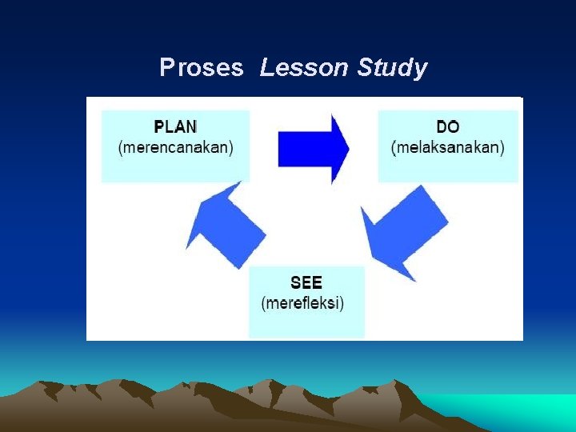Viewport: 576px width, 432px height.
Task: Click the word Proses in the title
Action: [202, 69]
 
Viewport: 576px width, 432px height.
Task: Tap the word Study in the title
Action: [392, 69]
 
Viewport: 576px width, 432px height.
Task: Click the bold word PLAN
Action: [175, 127]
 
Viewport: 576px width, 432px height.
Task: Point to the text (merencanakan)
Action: [175, 148]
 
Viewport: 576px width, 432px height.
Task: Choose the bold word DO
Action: [447, 127]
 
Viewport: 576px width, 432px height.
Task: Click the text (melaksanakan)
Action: [447, 148]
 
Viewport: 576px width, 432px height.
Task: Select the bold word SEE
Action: [306, 283]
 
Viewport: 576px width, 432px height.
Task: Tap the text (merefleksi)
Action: [303, 304]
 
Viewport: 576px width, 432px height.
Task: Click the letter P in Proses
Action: [166, 69]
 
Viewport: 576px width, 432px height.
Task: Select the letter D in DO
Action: [442, 127]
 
